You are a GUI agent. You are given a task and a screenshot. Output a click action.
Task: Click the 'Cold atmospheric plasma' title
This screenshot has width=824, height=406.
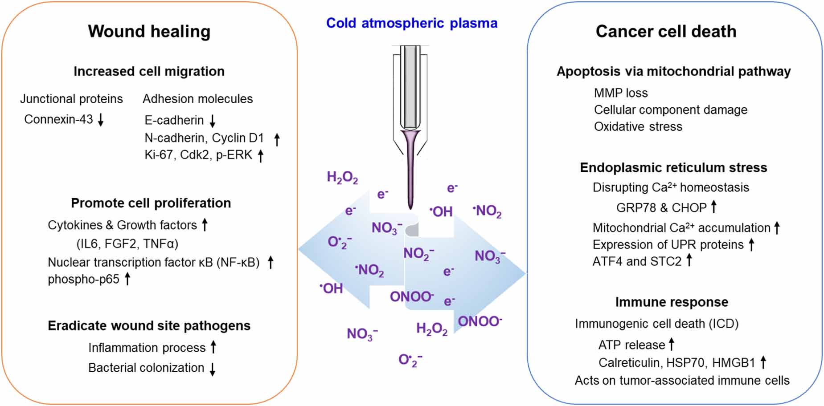tap(411, 23)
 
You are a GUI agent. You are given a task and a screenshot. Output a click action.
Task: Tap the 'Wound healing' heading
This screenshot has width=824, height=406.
tap(149, 31)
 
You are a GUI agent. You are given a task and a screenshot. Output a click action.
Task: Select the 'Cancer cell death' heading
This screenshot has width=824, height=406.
tap(666, 31)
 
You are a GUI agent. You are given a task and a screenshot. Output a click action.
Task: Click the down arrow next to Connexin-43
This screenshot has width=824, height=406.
tap(101, 119)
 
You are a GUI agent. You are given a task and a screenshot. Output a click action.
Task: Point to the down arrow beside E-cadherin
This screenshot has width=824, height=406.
tap(213, 121)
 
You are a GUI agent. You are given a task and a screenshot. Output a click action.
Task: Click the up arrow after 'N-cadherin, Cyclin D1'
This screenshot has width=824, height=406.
tap(277, 139)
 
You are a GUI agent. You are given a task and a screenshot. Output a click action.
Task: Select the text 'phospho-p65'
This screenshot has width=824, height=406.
tap(83, 279)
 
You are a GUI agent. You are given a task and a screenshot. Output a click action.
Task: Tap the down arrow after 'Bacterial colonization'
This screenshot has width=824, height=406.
tap(213, 369)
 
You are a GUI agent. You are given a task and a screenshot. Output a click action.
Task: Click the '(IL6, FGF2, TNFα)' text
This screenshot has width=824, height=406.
tap(127, 244)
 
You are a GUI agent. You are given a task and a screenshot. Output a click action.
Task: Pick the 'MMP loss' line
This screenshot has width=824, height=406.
tap(620, 93)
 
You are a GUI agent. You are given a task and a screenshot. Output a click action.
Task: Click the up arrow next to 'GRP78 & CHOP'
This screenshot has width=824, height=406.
tap(713, 207)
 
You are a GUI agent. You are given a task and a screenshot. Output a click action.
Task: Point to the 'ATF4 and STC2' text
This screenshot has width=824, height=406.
tap(636, 261)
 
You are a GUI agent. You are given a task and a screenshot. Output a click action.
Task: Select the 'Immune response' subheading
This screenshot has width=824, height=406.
tap(671, 302)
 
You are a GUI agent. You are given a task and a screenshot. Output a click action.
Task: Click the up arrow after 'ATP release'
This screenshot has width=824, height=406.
tap(672, 344)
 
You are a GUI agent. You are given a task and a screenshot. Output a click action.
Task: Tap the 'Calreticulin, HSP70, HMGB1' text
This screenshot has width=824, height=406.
tap(676, 363)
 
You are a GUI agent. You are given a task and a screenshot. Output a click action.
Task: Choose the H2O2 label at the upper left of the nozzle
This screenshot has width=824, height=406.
tap(342, 178)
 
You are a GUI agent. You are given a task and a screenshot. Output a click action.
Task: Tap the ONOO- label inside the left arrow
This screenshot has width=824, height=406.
tap(411, 296)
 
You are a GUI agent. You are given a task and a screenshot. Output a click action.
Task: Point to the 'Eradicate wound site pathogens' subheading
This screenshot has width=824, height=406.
tap(149, 325)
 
